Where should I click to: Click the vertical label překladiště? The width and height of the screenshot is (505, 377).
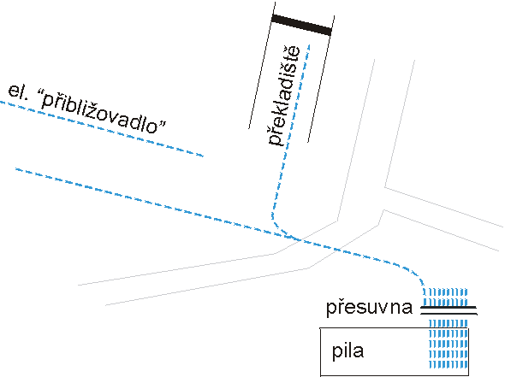[x=284, y=96]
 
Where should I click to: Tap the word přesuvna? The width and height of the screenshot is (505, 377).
[x=369, y=308]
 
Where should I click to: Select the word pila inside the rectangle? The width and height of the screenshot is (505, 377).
[x=348, y=350]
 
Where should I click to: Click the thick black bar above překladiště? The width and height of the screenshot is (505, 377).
[x=302, y=25]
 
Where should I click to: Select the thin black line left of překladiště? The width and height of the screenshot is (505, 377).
[x=262, y=65]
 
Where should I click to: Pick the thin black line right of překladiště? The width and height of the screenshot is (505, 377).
[x=321, y=79]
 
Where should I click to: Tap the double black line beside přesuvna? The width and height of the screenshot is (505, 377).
[x=449, y=310]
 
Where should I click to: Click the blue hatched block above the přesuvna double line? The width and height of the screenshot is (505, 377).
[x=445, y=297]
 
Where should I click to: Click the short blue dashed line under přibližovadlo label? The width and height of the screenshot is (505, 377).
[x=102, y=129]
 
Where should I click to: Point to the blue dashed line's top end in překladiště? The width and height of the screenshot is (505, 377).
[x=309, y=45]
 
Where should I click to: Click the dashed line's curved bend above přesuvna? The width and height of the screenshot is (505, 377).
[x=415, y=273]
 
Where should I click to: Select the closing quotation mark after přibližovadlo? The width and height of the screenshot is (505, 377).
[x=163, y=125]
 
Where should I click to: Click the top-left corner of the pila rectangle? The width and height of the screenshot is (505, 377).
[x=320, y=328]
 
